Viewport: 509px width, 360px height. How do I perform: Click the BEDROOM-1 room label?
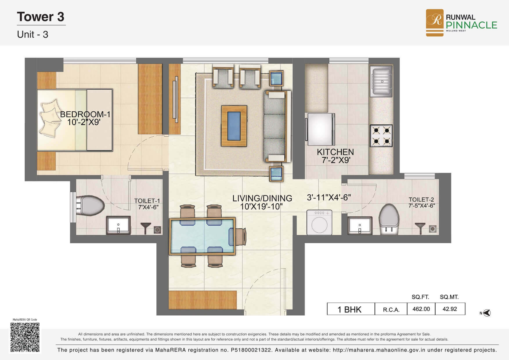(x=85, y=114)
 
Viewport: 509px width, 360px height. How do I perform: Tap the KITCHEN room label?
(x=335, y=152)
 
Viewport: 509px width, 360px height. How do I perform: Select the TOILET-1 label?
(x=147, y=201)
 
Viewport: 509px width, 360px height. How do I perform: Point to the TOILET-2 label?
(x=421, y=200)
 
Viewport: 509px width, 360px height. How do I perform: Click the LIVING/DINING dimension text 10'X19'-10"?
(x=261, y=207)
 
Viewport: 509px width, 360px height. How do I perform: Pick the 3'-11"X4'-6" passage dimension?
(x=329, y=198)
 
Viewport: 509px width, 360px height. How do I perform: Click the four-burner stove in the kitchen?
(x=381, y=135)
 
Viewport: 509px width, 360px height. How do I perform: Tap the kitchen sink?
(x=381, y=81)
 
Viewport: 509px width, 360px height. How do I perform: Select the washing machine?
(x=319, y=222)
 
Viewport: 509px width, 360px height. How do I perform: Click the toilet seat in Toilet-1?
(x=90, y=206)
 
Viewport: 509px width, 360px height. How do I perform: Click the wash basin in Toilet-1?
(x=118, y=225)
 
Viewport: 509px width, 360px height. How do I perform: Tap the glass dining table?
(x=202, y=236)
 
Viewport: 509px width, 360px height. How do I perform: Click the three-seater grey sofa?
(x=277, y=126)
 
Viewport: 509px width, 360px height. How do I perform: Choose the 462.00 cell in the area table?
(x=421, y=309)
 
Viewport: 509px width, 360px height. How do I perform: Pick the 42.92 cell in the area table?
(x=450, y=309)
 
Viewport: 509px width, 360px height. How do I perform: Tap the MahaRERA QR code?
(x=25, y=337)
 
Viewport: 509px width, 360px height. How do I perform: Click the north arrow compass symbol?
(x=487, y=313)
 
